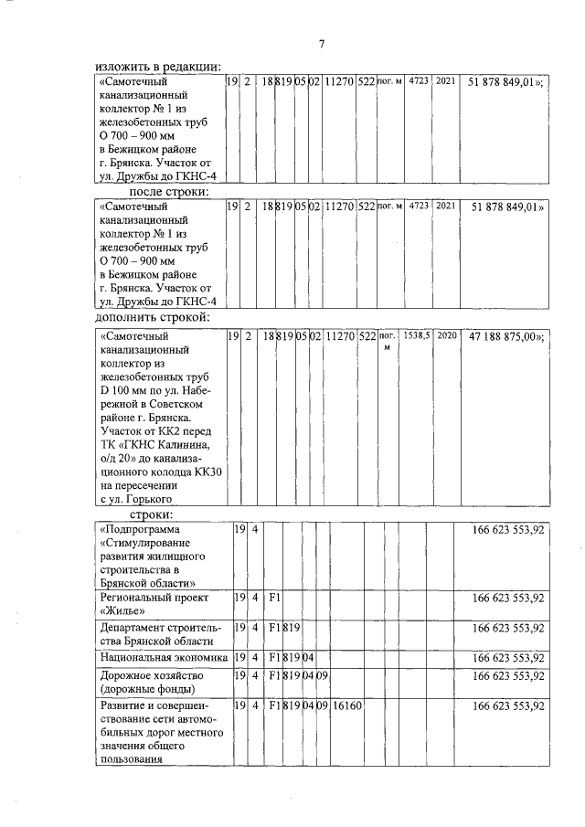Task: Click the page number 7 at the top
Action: pyautogui.click(x=322, y=44)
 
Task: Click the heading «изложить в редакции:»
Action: pyautogui.click(x=158, y=67)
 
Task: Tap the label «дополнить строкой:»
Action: pyautogui.click(x=153, y=317)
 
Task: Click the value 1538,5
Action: pyautogui.click(x=417, y=336)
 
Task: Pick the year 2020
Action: pyautogui.click(x=445, y=336)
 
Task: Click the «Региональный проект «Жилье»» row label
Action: pyautogui.click(x=146, y=603)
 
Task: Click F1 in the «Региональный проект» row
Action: pyautogui.click(x=272, y=598)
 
